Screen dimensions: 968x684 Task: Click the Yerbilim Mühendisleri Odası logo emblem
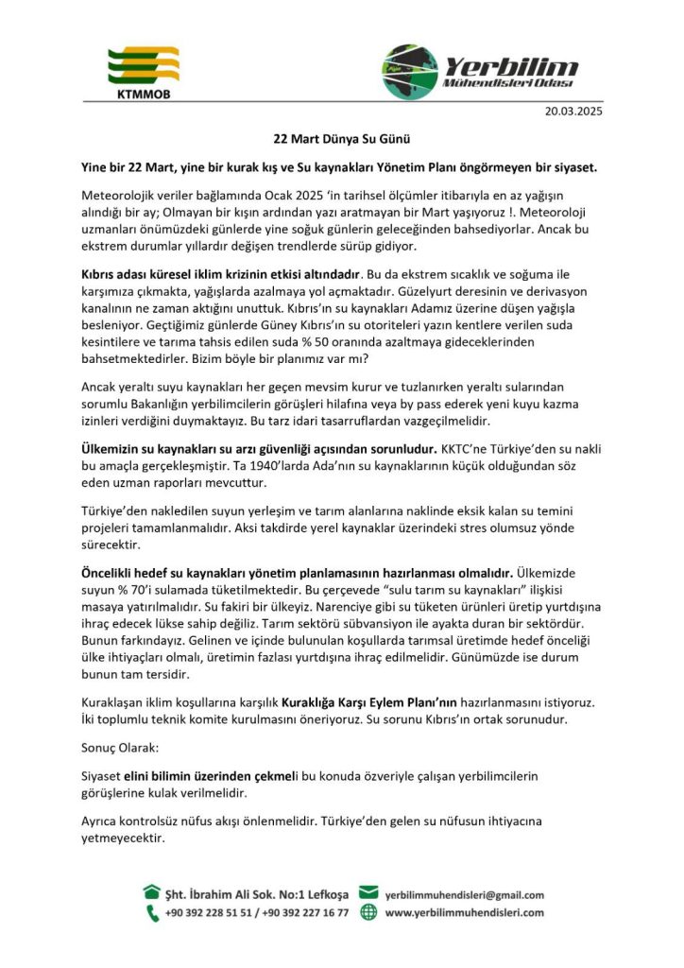pos(410,71)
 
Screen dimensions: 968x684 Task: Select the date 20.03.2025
pos(573,111)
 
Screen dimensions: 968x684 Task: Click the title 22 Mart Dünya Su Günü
pos(341,138)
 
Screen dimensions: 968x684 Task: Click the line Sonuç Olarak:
pos(121,747)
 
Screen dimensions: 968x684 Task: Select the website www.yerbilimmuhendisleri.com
pos(464,912)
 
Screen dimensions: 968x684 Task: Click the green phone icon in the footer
pos(152,912)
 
